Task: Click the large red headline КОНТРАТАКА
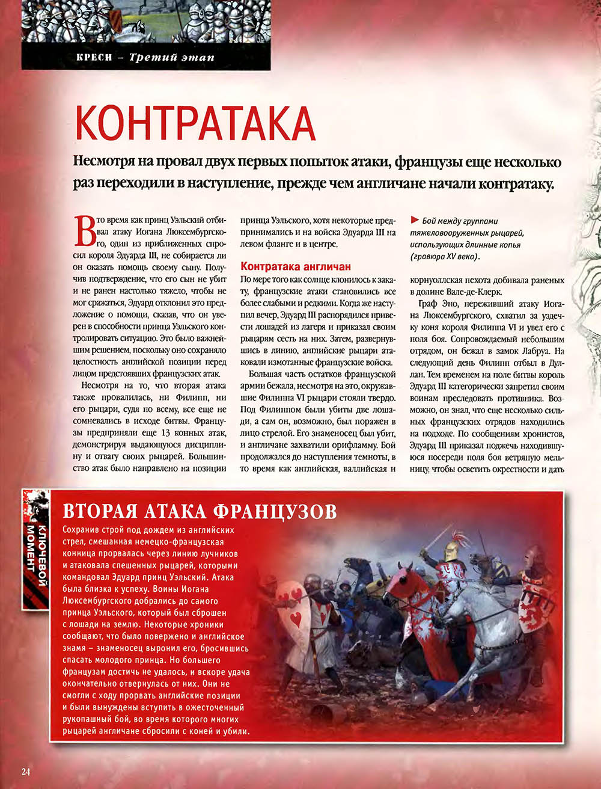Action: [x=196, y=123]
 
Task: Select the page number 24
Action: [x=25, y=772]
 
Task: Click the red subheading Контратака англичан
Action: [x=295, y=266]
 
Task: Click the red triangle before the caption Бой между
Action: [x=414, y=221]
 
